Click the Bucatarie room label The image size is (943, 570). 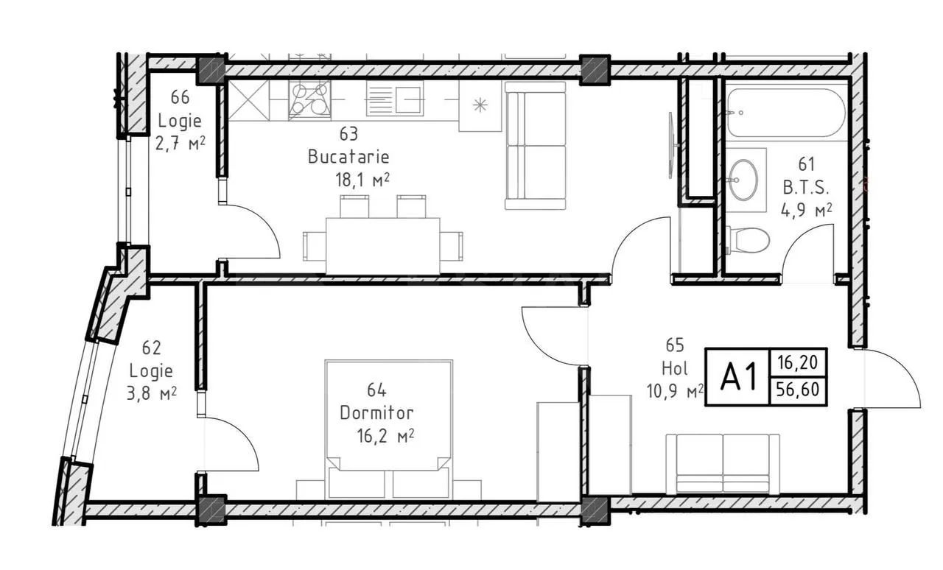pos(348,157)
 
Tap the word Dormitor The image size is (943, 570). pos(376,413)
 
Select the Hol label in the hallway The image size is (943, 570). pos(675,368)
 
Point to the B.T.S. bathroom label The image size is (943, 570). pos(806,187)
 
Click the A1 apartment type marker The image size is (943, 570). pos(738,377)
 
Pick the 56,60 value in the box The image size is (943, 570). pos(798,390)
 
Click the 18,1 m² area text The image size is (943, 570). pos(362,180)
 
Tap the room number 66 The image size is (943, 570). pos(180,97)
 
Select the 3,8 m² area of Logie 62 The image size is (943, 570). pos(152,393)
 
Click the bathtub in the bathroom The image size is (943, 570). pos(785,113)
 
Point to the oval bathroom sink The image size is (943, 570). pos(743,180)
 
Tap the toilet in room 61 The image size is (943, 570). pos(748,240)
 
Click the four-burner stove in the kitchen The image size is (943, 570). pos(310,99)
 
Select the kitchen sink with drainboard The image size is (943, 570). pos(394,99)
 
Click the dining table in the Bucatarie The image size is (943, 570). pos(383,246)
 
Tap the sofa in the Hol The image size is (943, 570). pos(723,464)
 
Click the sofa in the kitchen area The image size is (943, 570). pos(536,146)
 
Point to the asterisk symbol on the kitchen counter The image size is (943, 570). pos(480,105)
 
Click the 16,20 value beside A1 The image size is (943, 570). pos(798,362)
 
